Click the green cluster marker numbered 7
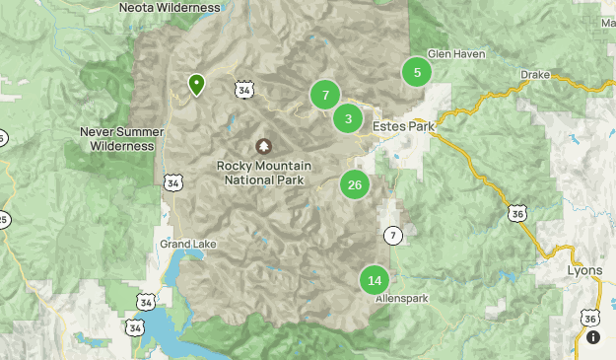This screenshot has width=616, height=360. [x=325, y=95]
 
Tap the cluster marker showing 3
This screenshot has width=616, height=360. [x=347, y=119]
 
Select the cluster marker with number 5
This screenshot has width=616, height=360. [x=417, y=72]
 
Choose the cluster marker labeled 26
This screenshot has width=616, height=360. [x=355, y=184]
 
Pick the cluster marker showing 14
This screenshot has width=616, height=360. [x=375, y=280]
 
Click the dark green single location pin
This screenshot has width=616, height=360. [x=197, y=85]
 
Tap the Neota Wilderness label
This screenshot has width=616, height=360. [x=169, y=8]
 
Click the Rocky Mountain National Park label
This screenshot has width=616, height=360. [x=262, y=173]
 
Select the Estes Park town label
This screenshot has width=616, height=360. [x=403, y=126]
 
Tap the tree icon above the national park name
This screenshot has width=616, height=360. [x=263, y=146]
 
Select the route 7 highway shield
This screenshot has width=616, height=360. [x=393, y=235]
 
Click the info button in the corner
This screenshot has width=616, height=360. [x=593, y=337]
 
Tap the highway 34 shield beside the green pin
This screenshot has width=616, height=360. [x=243, y=90]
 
